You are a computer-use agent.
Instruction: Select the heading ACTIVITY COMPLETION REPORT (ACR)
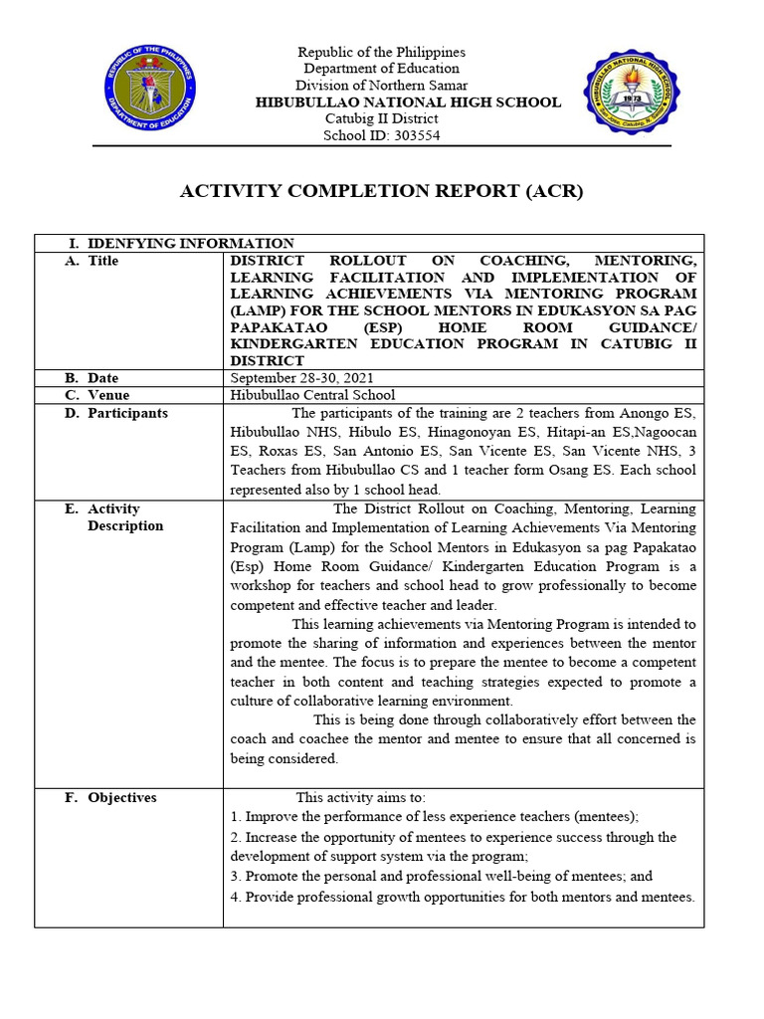[381, 191]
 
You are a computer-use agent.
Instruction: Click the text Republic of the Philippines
[382, 52]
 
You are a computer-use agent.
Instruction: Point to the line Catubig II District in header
[381, 119]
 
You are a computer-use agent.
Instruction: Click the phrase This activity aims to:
[360, 797]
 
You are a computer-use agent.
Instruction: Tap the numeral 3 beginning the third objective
[234, 877]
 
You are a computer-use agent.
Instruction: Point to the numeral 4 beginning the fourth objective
[234, 897]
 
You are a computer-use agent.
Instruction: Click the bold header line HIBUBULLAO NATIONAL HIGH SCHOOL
[408, 102]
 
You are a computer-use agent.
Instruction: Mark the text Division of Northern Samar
[382, 86]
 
